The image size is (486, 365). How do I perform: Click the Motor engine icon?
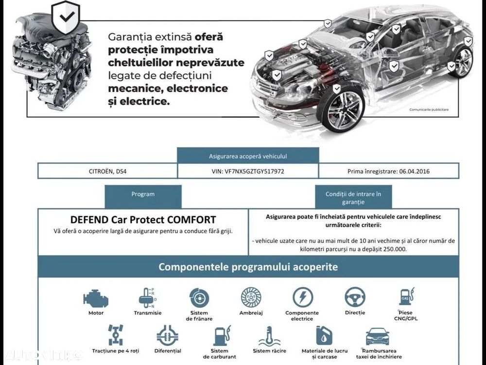(x=96, y=299)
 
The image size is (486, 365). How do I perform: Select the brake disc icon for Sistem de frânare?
(x=199, y=298)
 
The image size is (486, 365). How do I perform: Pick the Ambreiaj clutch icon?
(x=251, y=298)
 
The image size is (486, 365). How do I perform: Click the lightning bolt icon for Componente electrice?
(x=302, y=297)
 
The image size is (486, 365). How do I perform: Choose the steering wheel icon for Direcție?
(x=355, y=297)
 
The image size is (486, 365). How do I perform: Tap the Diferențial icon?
(x=167, y=335)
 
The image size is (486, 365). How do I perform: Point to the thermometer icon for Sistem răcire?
(x=269, y=336)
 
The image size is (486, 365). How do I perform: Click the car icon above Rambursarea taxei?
(x=377, y=336)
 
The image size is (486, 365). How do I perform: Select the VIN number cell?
(x=248, y=171)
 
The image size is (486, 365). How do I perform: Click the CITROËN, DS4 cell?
(x=107, y=171)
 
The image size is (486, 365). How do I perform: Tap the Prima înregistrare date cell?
(x=389, y=171)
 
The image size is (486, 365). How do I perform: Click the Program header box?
(x=143, y=197)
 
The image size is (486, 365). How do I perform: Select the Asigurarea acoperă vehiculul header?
(x=248, y=156)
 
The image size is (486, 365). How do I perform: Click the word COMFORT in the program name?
(x=191, y=220)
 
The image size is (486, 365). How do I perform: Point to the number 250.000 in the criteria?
(x=395, y=249)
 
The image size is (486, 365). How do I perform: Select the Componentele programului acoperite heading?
(x=248, y=267)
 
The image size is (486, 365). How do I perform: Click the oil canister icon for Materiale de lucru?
(x=324, y=335)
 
